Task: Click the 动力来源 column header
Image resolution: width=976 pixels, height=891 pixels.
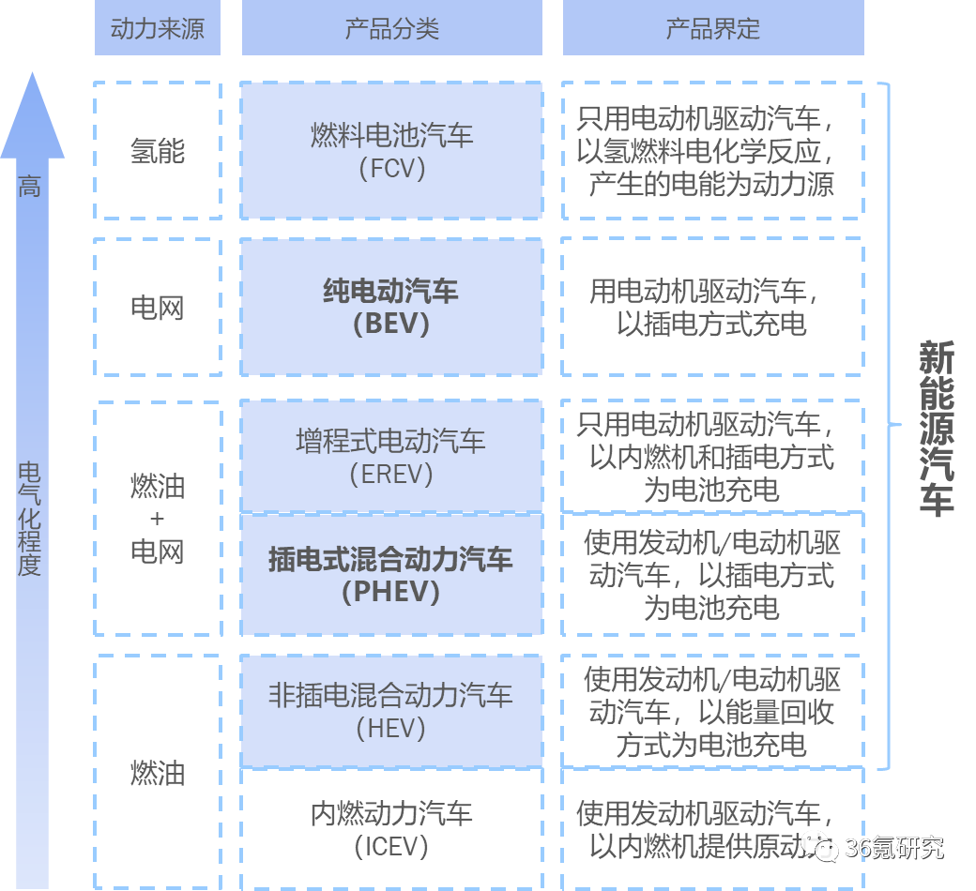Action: pos(157,29)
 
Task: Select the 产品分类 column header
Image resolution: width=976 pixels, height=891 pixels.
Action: pos(391,29)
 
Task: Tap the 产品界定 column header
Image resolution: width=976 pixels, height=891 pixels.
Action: pos(712,29)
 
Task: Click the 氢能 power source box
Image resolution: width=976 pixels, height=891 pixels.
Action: pos(157,151)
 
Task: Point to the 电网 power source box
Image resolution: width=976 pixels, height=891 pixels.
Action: pos(157,307)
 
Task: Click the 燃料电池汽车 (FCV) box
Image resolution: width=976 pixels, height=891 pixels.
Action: pos(391,151)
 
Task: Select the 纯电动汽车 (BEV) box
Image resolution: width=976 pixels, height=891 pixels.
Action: pos(391,307)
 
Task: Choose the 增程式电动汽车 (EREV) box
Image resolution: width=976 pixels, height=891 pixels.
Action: pos(391,457)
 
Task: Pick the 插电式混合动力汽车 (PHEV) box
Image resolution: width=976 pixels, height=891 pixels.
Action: pos(391,575)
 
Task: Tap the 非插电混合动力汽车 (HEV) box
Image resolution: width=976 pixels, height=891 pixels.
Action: pos(391,710)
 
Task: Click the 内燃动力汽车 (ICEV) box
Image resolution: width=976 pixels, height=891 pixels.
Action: pos(391,828)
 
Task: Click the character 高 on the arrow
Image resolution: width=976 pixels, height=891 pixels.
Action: pos(30,187)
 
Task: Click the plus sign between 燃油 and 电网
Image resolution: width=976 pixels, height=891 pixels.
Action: pos(157,519)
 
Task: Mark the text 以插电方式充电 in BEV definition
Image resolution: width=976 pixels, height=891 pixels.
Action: pos(711,325)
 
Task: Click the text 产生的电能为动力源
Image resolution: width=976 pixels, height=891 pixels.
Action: pos(711,184)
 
